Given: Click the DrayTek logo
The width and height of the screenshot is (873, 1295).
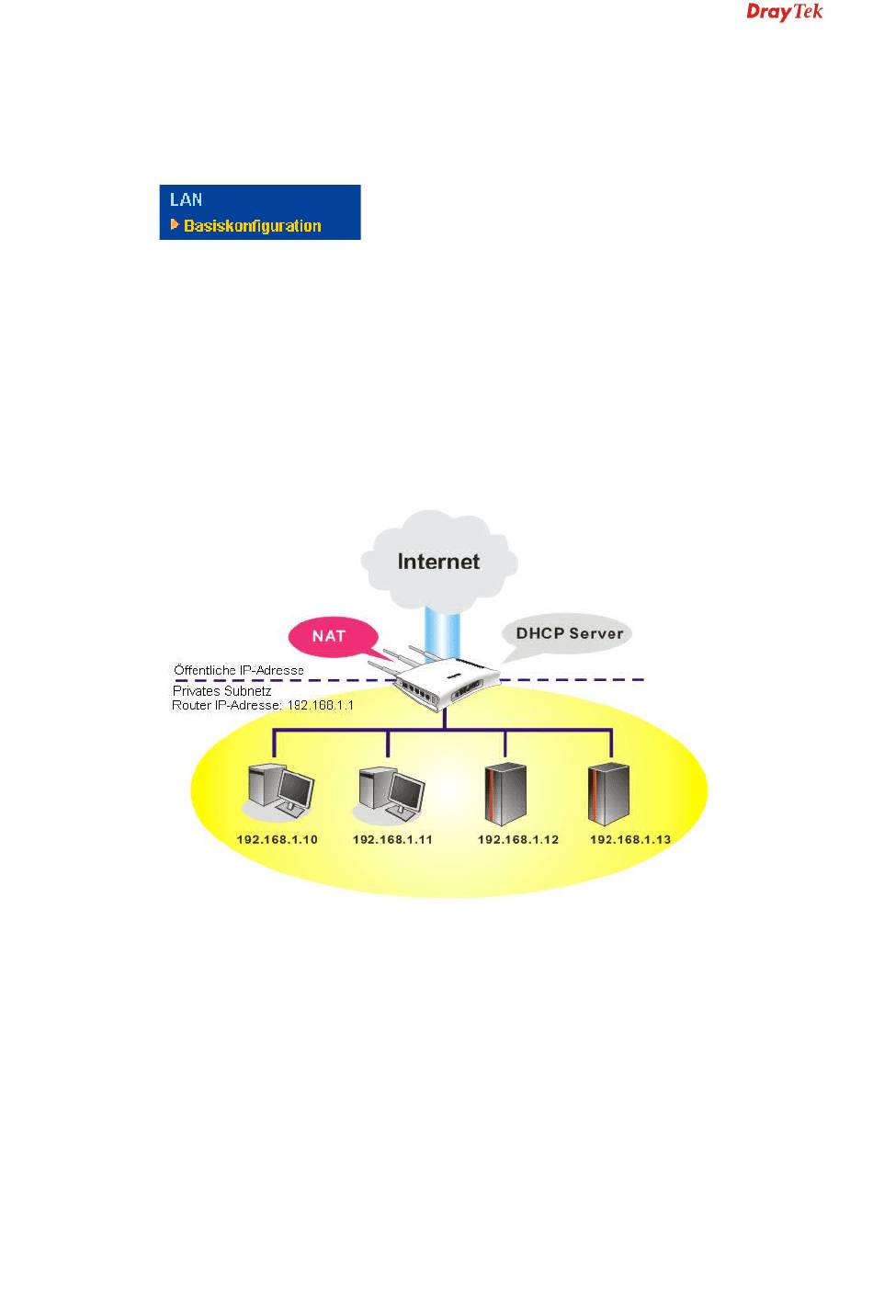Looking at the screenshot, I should click(784, 12).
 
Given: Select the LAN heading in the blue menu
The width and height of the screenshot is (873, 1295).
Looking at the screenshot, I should click(186, 199).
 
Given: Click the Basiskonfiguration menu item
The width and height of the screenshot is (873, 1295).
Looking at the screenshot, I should click(252, 225).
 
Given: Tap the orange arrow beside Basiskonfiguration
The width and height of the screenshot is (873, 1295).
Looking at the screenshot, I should click(175, 224).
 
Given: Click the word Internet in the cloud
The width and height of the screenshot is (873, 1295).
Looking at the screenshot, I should click(438, 561).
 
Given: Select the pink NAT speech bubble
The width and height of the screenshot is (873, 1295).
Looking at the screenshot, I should click(329, 636).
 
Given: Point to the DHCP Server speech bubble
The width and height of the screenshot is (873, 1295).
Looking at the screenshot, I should click(569, 633).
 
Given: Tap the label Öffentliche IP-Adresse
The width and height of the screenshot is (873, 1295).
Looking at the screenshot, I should click(239, 670).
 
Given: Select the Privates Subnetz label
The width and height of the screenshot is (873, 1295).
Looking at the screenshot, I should click(221, 690).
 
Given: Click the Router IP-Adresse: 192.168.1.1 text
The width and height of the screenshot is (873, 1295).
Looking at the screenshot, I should click(263, 705).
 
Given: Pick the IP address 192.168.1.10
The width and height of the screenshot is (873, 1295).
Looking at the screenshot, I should click(277, 839).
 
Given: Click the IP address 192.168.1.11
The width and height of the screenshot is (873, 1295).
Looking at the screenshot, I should click(392, 839).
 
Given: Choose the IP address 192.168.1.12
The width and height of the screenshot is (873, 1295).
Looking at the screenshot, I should click(517, 839).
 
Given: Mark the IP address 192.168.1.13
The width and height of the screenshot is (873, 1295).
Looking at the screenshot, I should click(629, 839).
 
